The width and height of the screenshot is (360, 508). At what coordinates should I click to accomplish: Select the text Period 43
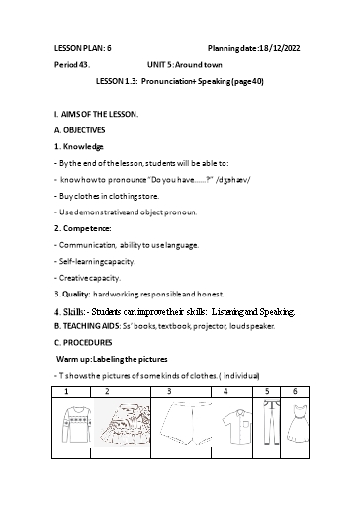(x=72, y=63)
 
